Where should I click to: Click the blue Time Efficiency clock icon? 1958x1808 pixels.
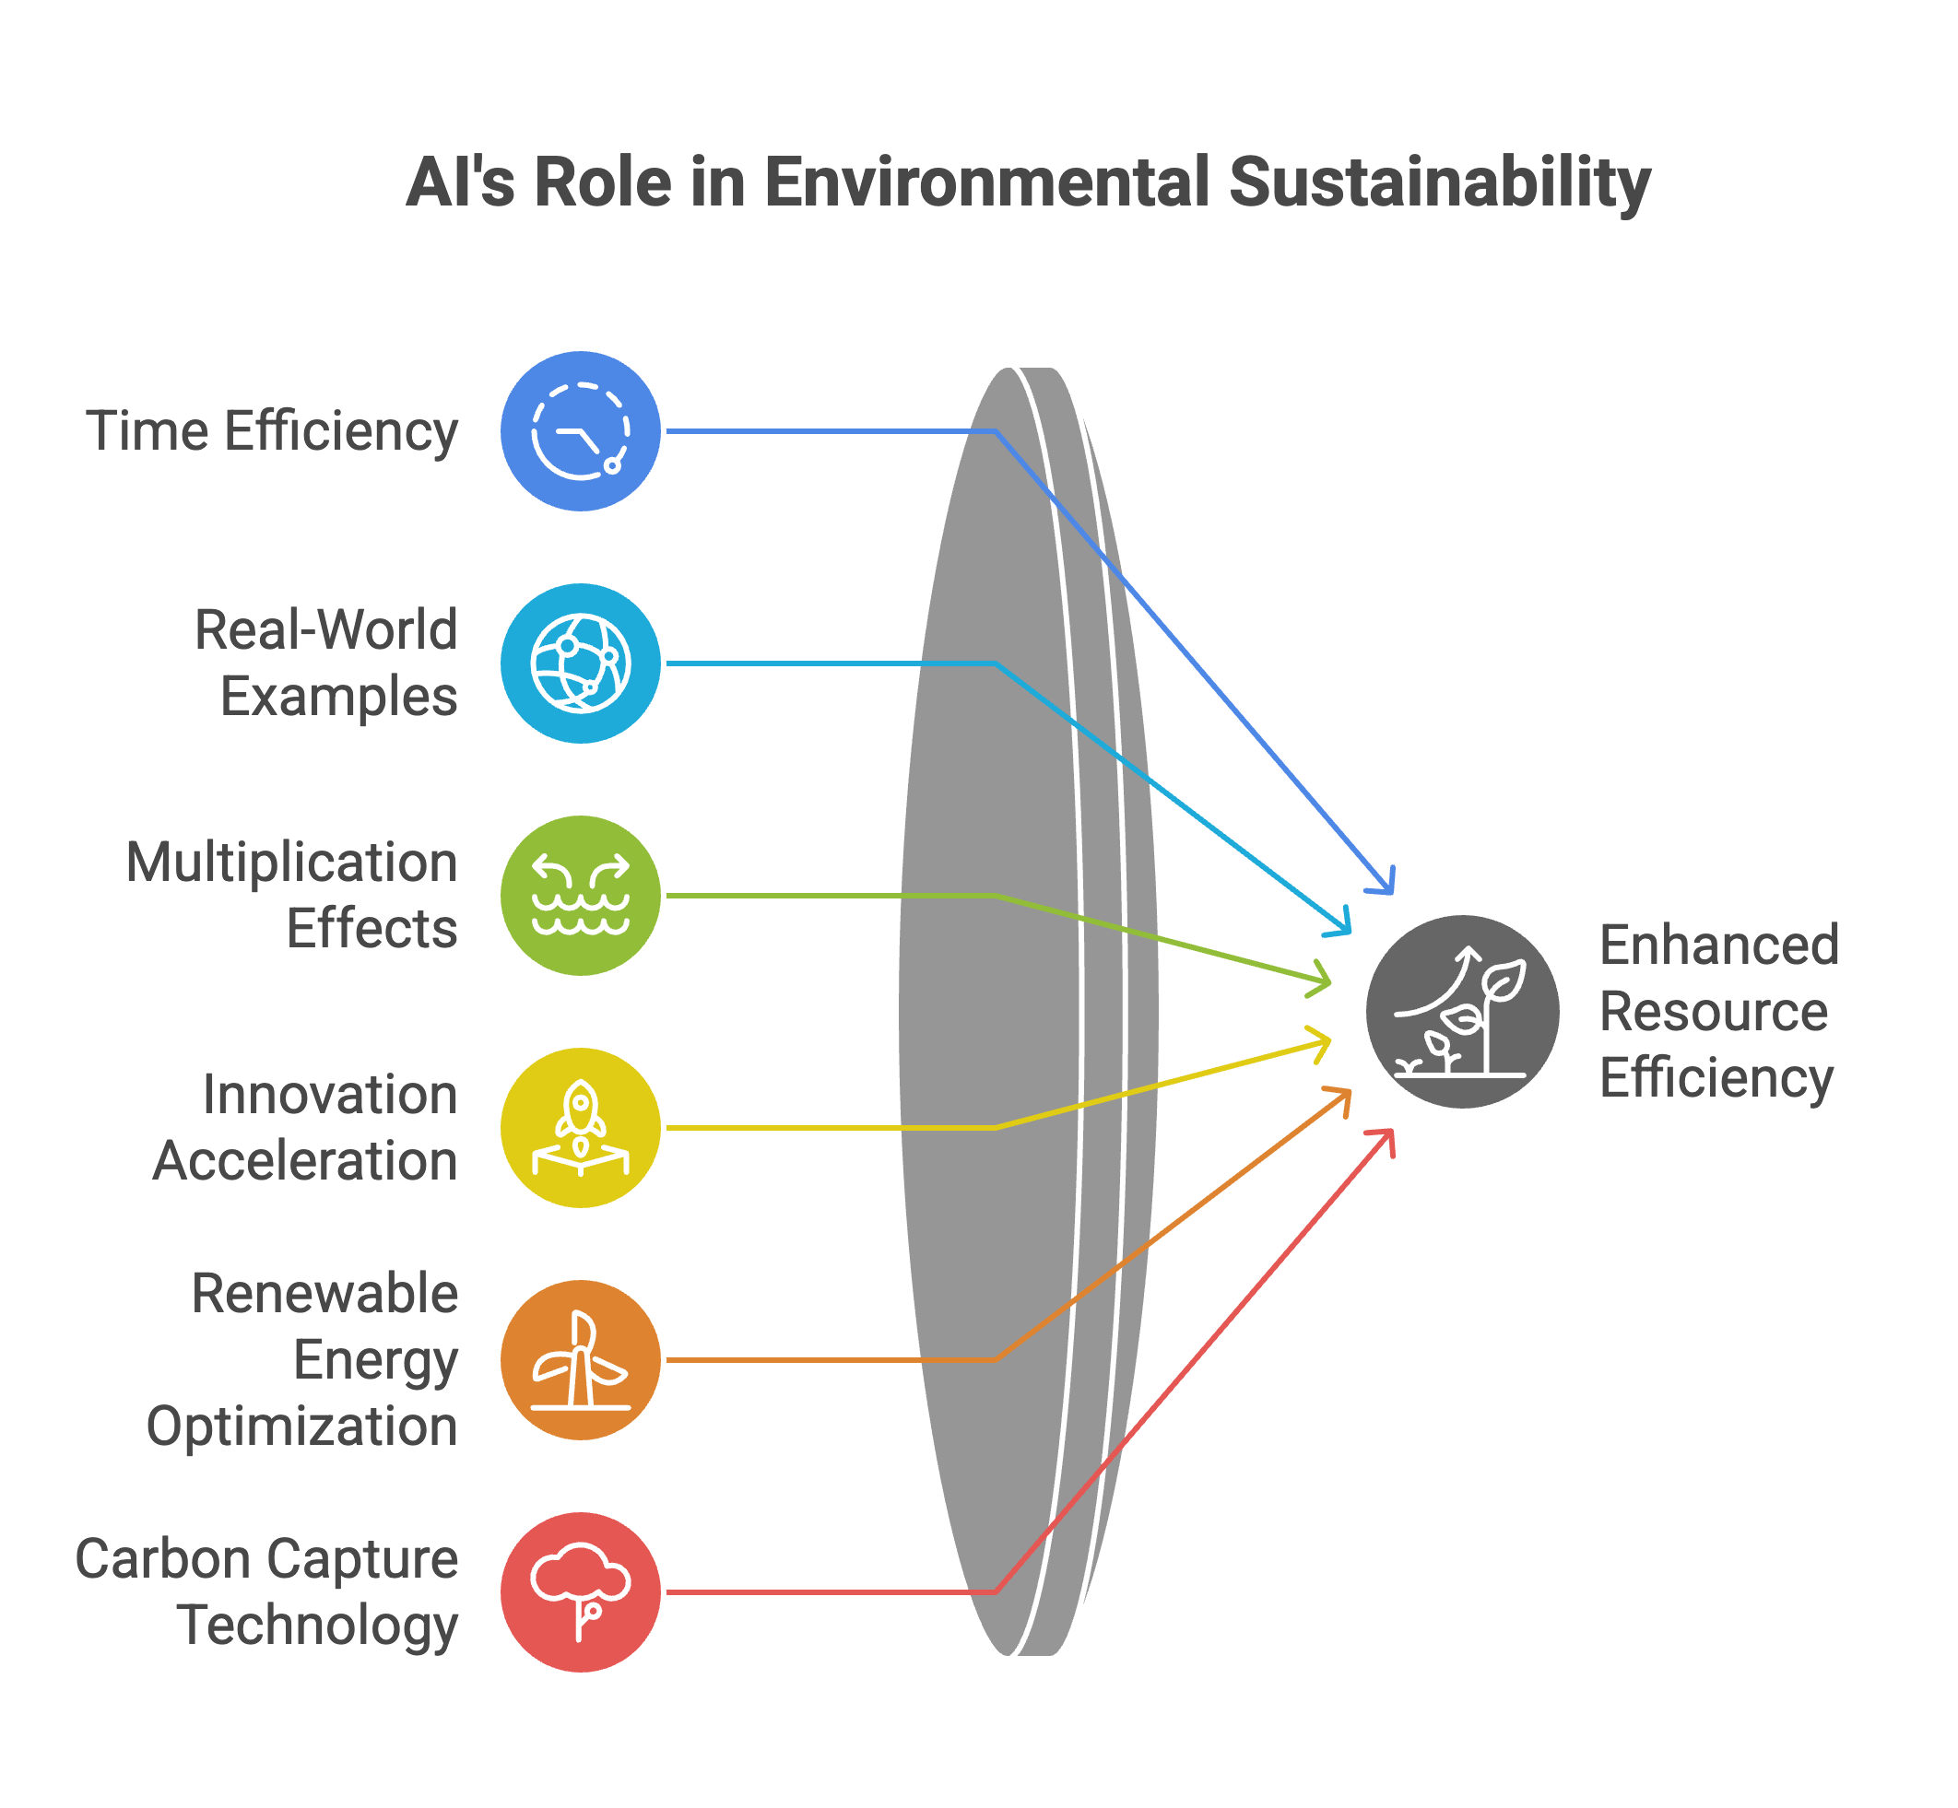coord(580,430)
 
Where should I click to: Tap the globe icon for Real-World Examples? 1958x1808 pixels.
coord(580,663)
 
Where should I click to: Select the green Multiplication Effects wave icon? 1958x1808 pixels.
coord(580,895)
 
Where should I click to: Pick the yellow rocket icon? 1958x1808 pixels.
coord(580,1127)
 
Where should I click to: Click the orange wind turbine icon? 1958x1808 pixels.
coord(580,1360)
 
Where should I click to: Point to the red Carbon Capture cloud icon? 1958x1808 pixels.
coord(580,1591)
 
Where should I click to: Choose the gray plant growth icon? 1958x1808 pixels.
coord(1462,1011)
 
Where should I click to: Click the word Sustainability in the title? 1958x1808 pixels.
coord(1438,183)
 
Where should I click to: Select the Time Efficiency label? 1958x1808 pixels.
coord(272,431)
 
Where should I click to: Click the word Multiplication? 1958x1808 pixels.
coord(291,863)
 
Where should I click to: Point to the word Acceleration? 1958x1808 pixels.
coord(305,1161)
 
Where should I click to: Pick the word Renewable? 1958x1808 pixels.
coord(324,1294)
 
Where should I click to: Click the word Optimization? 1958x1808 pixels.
coord(301,1426)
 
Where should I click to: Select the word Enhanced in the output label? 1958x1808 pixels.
coord(1719,945)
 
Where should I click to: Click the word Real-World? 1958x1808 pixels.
coord(325,629)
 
